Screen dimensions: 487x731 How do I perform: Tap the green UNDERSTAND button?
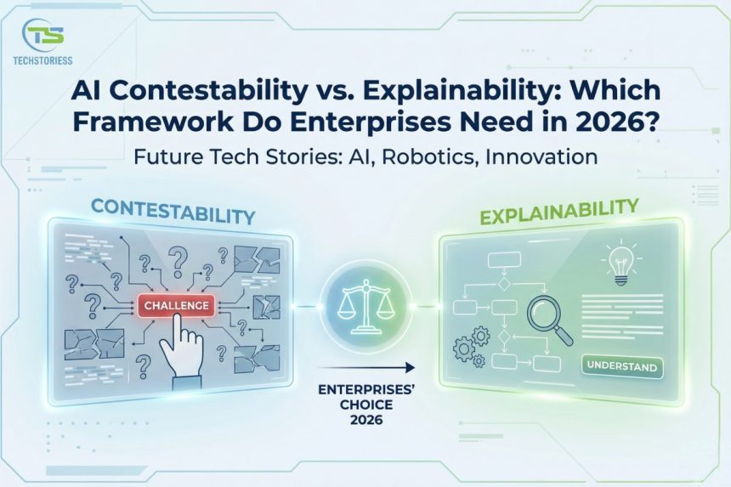[621, 367]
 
